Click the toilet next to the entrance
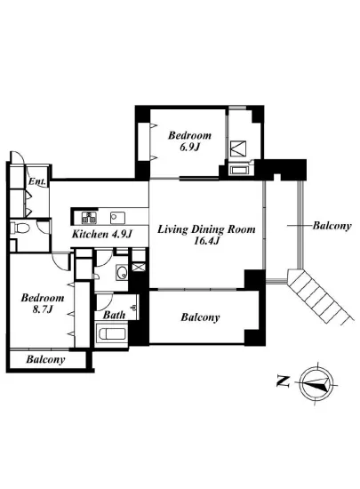pos(20,228)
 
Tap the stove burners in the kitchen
pos(89,217)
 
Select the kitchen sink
pos(117,218)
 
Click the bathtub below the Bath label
pos(112,334)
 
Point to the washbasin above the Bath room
pos(122,272)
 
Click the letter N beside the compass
pos(284,381)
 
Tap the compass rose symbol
pos(316,383)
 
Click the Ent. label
pos(37,181)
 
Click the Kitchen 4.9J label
pos(102,234)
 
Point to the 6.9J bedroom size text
pos(189,147)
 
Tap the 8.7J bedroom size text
pos(43,309)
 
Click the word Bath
pos(114,315)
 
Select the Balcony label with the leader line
pos(332,226)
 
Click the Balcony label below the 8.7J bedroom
pos(45,359)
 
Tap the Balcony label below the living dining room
pos(200,317)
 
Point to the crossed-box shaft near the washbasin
pos(139,267)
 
